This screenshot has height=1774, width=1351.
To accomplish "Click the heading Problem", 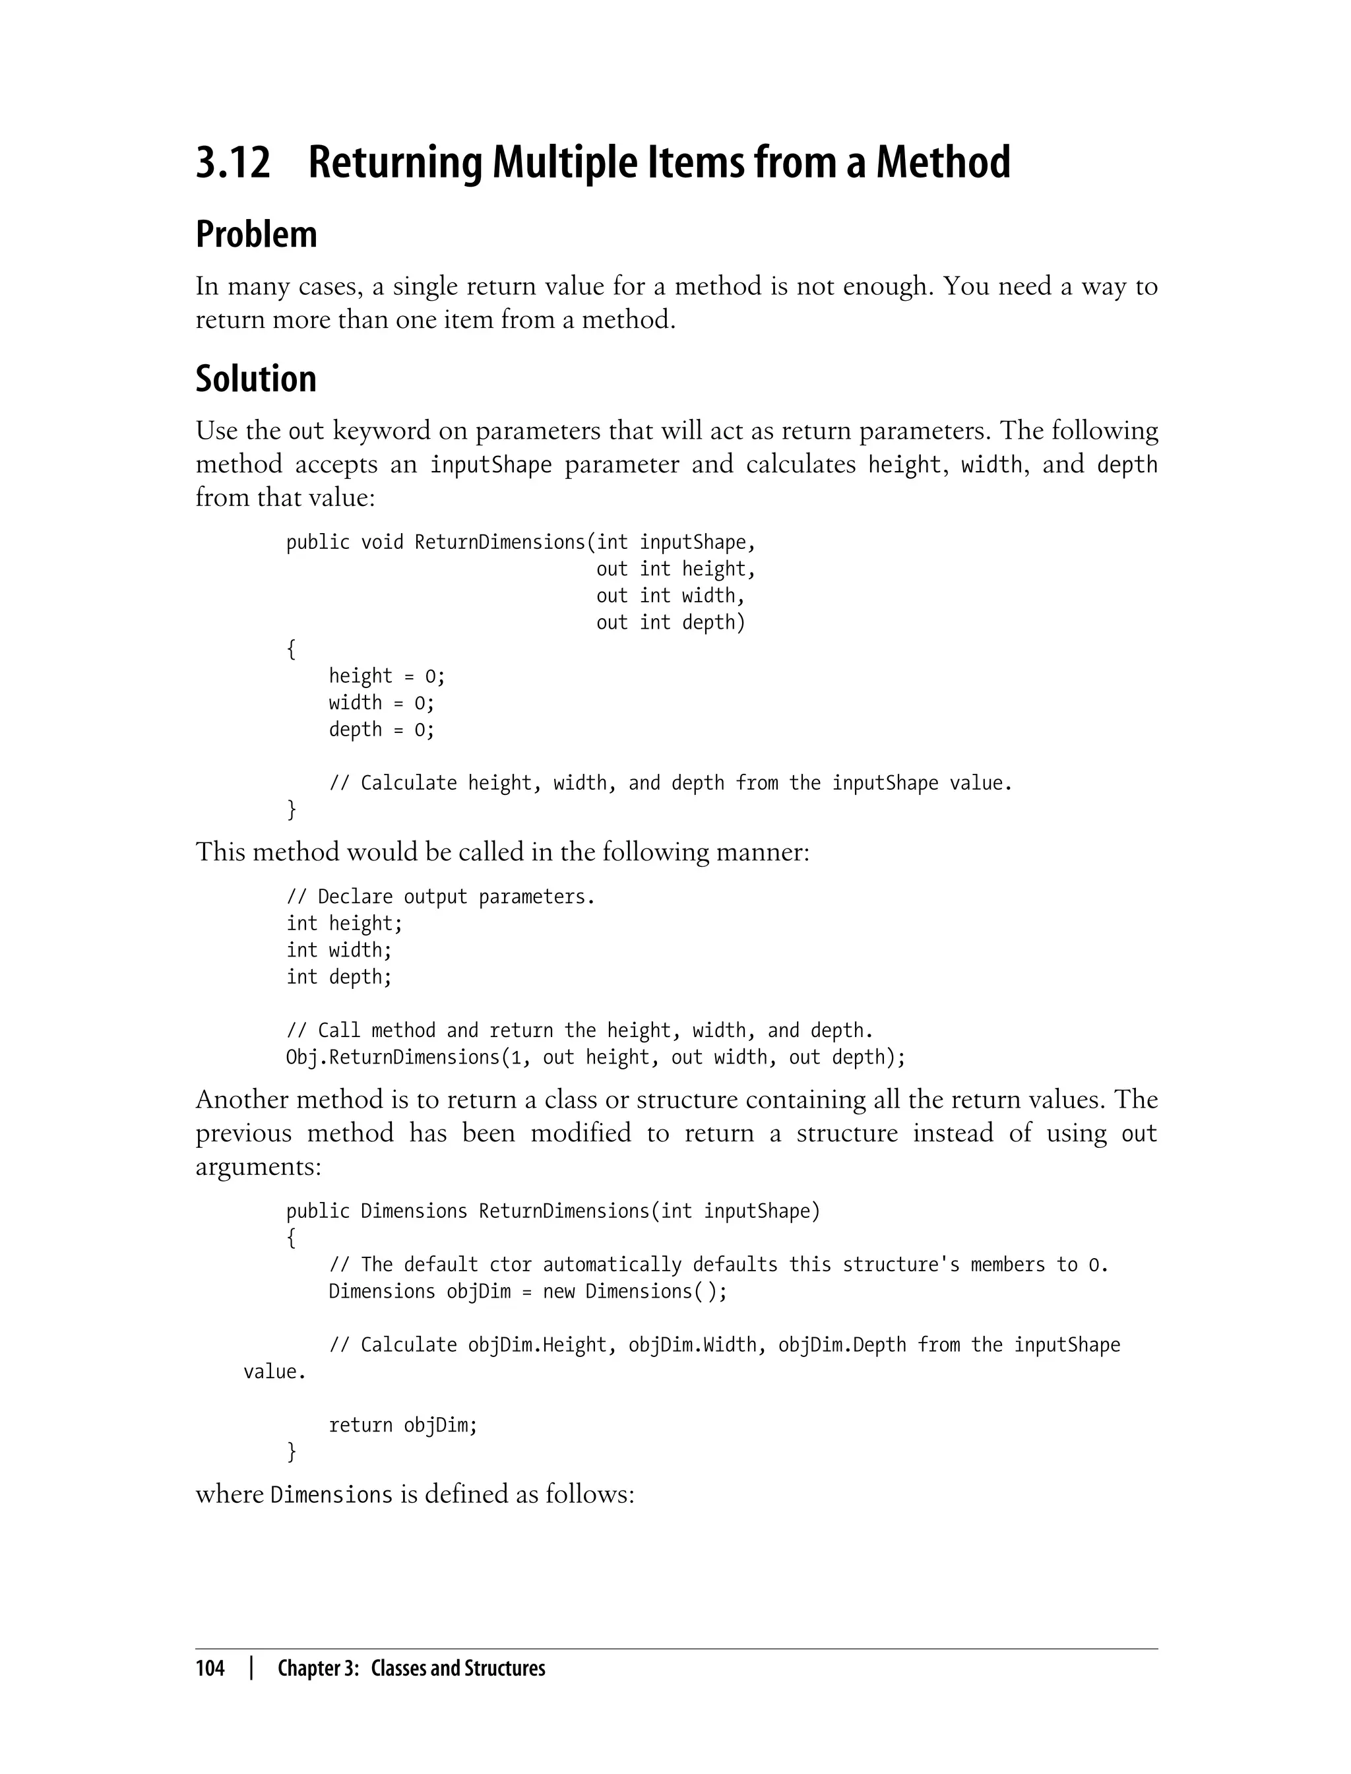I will click(256, 235).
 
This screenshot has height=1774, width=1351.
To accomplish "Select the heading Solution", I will click(256, 379).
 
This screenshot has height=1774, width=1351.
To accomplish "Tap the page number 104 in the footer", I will click(210, 1668).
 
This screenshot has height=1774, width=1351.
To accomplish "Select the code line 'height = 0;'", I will click(386, 676).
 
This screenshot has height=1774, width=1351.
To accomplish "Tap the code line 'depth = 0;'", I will click(381, 730).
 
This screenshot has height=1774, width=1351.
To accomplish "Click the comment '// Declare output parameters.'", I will click(440, 897).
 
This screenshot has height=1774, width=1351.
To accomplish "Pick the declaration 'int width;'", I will click(338, 951).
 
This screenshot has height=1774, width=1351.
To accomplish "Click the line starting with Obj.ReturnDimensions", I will click(595, 1058).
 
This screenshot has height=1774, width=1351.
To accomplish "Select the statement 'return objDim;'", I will click(402, 1425).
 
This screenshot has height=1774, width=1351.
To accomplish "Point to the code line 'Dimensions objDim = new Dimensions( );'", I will click(528, 1292).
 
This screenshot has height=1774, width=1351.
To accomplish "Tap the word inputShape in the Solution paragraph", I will click(491, 465).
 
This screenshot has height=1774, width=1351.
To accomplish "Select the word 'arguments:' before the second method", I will click(257, 1166).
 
